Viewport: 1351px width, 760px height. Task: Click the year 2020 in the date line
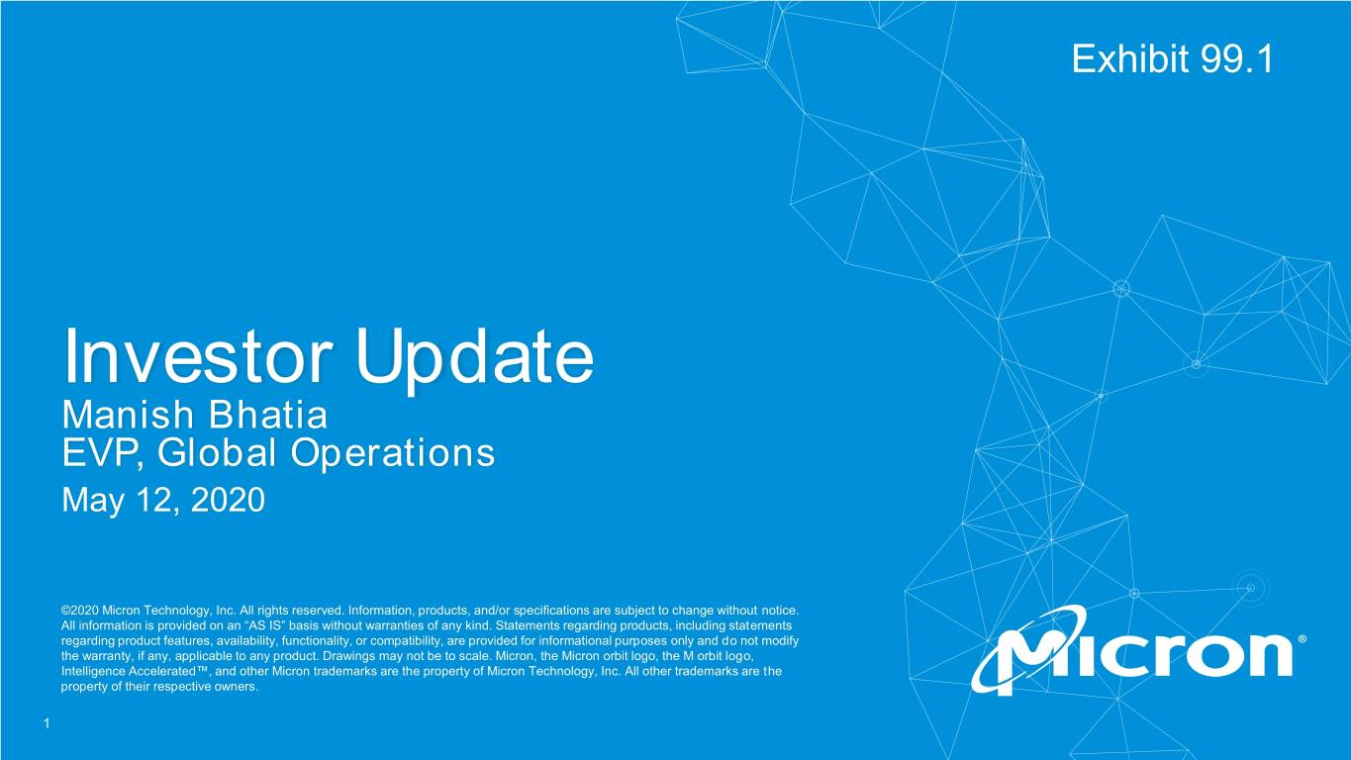click(228, 500)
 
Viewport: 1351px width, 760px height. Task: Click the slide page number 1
click(48, 723)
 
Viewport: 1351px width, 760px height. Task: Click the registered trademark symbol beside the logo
click(1302, 638)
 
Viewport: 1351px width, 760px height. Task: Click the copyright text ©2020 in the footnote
click(80, 611)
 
